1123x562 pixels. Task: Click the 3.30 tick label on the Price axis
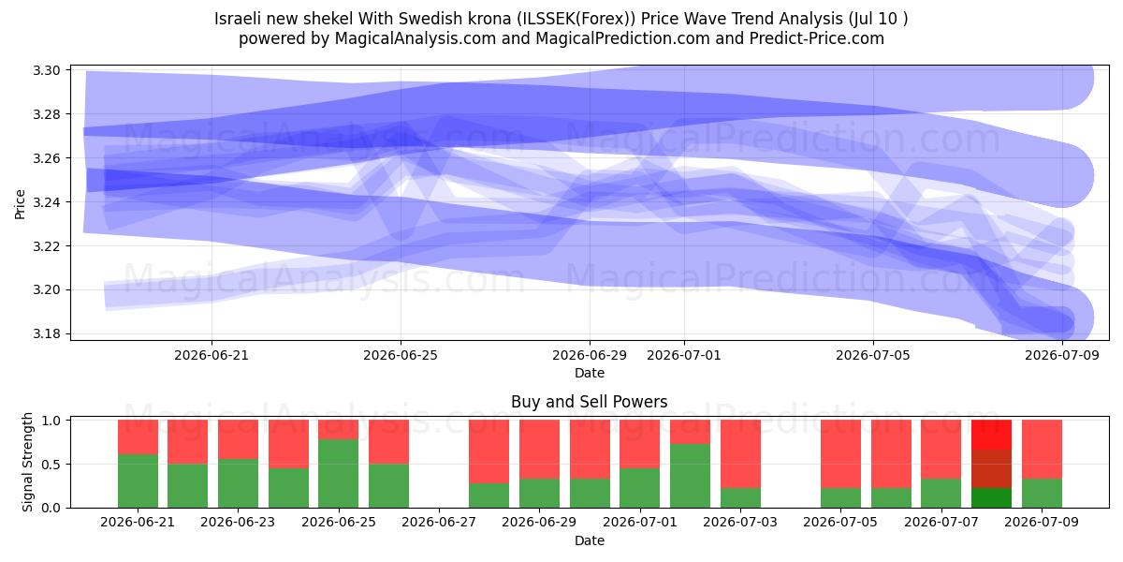[x=46, y=70]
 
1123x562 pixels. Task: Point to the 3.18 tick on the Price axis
[x=46, y=334]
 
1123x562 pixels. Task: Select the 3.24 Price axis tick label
[x=46, y=202]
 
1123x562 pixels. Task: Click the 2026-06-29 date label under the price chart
[x=589, y=355]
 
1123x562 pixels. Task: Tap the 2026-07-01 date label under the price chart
[x=684, y=355]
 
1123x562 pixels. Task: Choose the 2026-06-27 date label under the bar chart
[x=439, y=522]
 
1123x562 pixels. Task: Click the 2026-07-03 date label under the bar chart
[x=740, y=522]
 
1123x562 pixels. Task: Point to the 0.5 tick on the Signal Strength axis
[x=51, y=465]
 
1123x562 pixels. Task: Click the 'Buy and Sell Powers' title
[x=589, y=402]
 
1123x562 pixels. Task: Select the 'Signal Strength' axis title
[x=27, y=462]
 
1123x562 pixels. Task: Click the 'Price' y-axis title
[x=20, y=204]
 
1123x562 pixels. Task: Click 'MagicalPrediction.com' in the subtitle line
[x=622, y=38]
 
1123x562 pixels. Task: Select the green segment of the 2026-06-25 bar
[x=339, y=474]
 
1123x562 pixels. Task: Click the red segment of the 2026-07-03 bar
[x=740, y=453]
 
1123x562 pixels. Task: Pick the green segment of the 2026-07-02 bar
[x=690, y=476]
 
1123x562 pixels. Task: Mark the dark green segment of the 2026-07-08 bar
[x=991, y=497]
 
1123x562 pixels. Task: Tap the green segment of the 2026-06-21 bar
[x=138, y=481]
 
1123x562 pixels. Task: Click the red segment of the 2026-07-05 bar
[x=840, y=453]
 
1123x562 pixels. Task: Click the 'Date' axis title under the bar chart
[x=589, y=540]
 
